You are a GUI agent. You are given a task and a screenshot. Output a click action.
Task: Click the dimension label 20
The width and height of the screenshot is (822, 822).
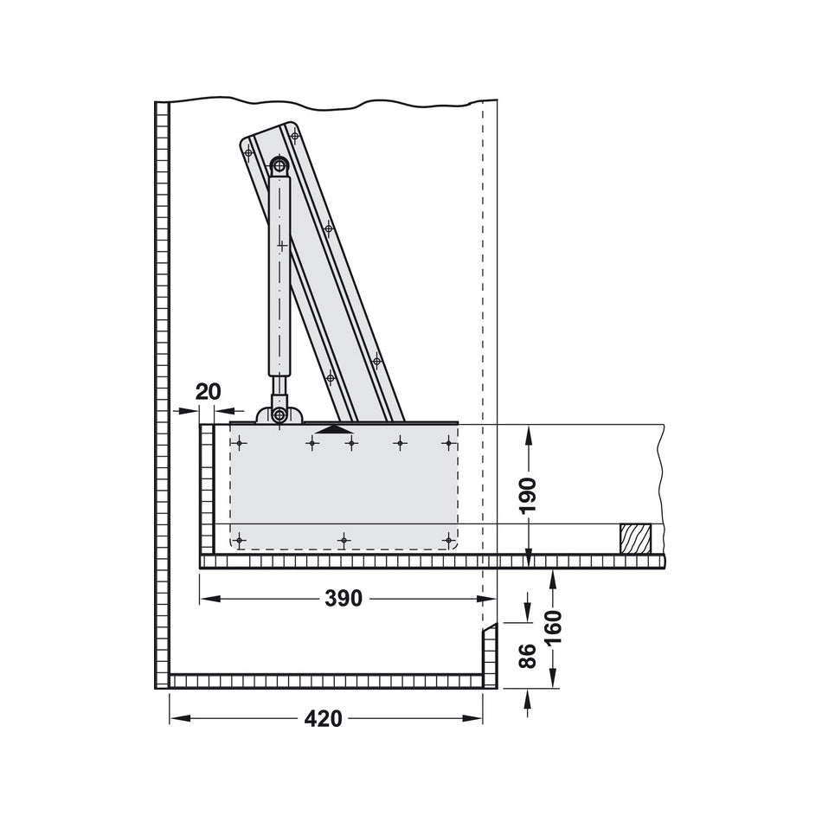click(x=209, y=392)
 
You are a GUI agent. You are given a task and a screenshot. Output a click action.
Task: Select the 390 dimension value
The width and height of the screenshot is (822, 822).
click(x=344, y=598)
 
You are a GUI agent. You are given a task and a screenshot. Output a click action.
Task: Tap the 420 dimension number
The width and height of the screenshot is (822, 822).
click(x=323, y=718)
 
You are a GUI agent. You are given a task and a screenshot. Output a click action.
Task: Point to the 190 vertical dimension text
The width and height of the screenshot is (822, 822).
click(x=529, y=496)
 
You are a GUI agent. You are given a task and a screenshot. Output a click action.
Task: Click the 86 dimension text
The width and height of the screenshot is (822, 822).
click(x=528, y=655)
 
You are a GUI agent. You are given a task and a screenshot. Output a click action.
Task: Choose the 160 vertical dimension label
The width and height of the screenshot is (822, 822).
click(x=554, y=628)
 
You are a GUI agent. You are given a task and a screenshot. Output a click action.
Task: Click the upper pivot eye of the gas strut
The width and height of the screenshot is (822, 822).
click(x=279, y=165)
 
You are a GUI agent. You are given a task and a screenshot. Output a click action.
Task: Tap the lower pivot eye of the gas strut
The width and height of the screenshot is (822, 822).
click(x=279, y=415)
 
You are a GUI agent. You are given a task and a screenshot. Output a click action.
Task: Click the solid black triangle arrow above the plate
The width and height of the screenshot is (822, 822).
click(x=333, y=429)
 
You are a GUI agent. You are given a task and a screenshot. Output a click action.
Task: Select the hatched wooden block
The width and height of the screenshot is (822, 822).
click(x=635, y=538)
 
